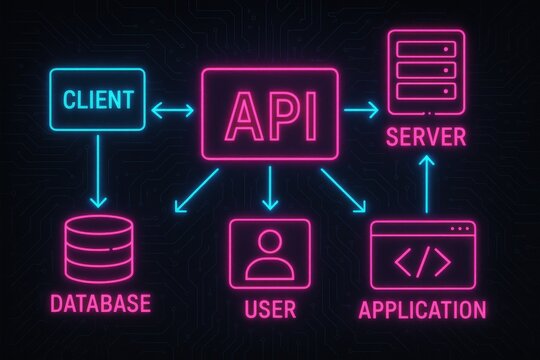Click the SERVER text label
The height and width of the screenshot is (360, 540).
click(426, 136)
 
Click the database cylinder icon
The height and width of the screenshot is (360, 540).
click(97, 249)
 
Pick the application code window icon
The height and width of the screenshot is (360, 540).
click(421, 256)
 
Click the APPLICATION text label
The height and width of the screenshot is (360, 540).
click(422, 308)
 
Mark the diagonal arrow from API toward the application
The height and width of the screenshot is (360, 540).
click(342, 191)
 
